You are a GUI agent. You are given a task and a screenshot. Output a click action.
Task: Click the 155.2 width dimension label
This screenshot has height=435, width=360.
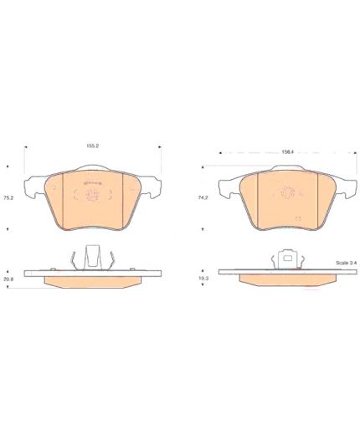tap(93, 146)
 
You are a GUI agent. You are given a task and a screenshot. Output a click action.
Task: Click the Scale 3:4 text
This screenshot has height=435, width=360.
tap(347, 263)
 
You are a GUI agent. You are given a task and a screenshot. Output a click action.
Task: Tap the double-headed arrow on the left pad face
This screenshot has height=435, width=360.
tap(93, 183)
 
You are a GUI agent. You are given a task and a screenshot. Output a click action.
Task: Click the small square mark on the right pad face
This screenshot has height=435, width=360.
tap(298, 218)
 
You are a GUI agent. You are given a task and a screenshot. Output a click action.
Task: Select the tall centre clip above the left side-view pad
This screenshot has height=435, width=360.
tap(93, 257)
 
